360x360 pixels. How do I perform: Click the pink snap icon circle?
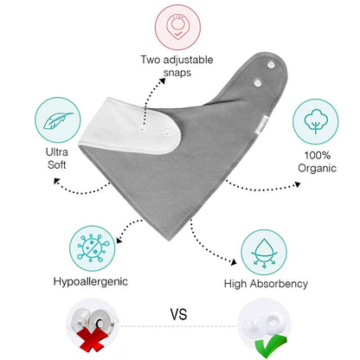pyautogui.click(x=177, y=28)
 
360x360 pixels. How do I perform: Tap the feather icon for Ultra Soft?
pyautogui.click(x=58, y=120)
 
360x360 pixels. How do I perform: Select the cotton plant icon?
pyautogui.click(x=316, y=121)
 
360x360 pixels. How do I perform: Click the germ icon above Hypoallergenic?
pyautogui.click(x=93, y=248)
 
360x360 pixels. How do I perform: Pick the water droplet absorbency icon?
pyautogui.click(x=264, y=253)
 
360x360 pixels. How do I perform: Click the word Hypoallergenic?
pyautogui.click(x=91, y=281)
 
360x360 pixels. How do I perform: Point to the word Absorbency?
pyautogui.click(x=279, y=284)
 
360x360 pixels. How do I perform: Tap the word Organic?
pyautogui.click(x=317, y=168)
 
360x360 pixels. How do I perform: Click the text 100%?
pyautogui.click(x=318, y=155)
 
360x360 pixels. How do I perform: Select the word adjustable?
pyautogui.click(x=188, y=60)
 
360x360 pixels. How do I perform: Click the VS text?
pyautogui.click(x=178, y=314)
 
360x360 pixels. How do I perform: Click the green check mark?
pyautogui.click(x=270, y=345)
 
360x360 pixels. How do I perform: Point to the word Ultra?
pyautogui.click(x=57, y=152)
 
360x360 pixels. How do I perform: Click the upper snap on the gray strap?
pyautogui.click(x=270, y=65)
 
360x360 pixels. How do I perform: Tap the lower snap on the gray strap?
pyautogui.click(x=258, y=83)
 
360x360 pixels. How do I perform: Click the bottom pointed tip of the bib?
pyautogui.click(x=170, y=240)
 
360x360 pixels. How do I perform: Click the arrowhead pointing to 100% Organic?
pyautogui.click(x=297, y=184)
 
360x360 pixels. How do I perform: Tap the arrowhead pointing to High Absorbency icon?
pyautogui.click(x=234, y=262)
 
